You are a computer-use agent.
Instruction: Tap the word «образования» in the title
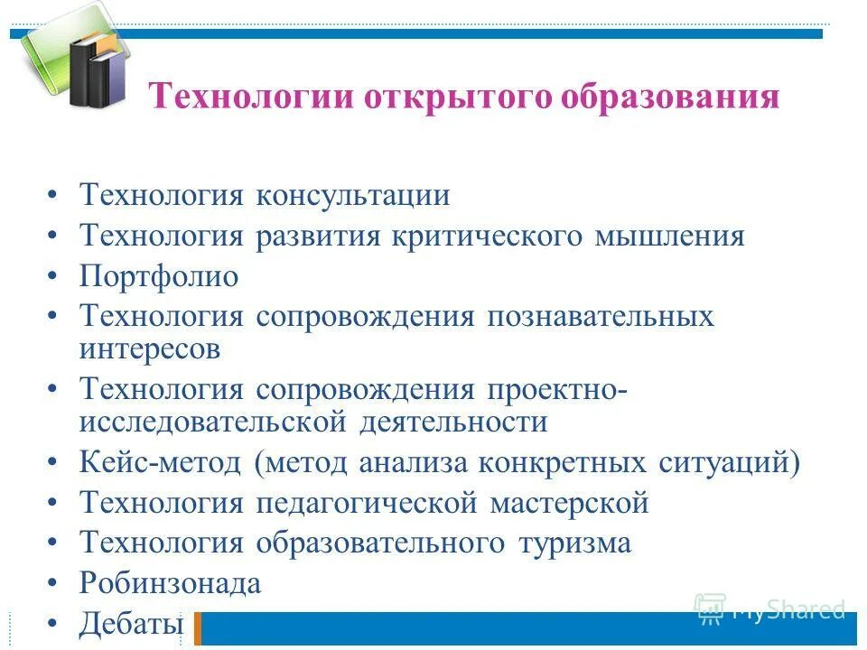(670, 97)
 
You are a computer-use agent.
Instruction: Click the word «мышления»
(669, 237)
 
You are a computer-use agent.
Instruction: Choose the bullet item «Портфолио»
(159, 276)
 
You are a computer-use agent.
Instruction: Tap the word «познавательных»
(601, 316)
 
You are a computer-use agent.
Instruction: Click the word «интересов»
(150, 348)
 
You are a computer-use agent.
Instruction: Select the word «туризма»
(574, 543)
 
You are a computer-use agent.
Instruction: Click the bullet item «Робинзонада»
(171, 583)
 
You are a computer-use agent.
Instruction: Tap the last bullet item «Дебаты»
(131, 623)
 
